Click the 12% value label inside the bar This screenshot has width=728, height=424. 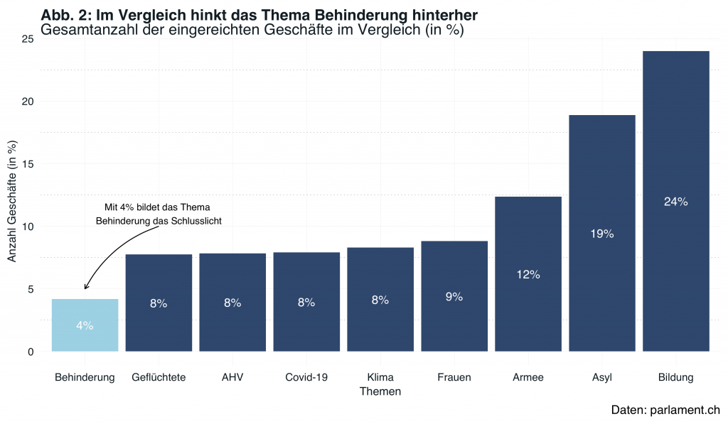[528, 275]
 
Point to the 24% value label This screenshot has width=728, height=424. [675, 202]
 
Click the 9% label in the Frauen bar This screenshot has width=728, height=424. [454, 297]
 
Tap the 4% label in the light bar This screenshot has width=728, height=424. [85, 326]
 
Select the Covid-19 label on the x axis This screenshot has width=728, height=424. [306, 377]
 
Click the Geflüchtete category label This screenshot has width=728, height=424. [159, 377]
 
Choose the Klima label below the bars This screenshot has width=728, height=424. [380, 377]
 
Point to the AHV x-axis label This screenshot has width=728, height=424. [232, 377]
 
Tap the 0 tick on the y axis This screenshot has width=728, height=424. [30, 352]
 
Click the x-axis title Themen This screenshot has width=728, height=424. [380, 391]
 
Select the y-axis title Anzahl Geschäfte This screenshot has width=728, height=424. [12, 201]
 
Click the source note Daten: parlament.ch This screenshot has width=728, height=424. [665, 410]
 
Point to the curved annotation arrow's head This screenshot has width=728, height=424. [85, 288]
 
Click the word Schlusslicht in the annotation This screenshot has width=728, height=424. [196, 221]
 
